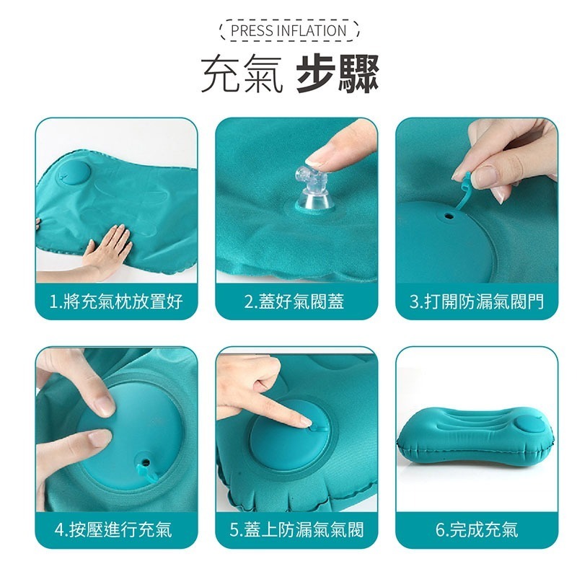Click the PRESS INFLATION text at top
click(x=288, y=30)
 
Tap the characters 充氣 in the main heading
click(x=242, y=74)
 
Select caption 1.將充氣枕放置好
click(x=116, y=301)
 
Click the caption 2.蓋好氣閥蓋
click(x=296, y=301)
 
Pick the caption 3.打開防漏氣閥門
click(x=476, y=301)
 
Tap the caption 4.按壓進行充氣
click(x=116, y=530)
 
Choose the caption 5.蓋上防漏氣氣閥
click(x=296, y=530)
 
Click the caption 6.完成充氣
click(x=476, y=530)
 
